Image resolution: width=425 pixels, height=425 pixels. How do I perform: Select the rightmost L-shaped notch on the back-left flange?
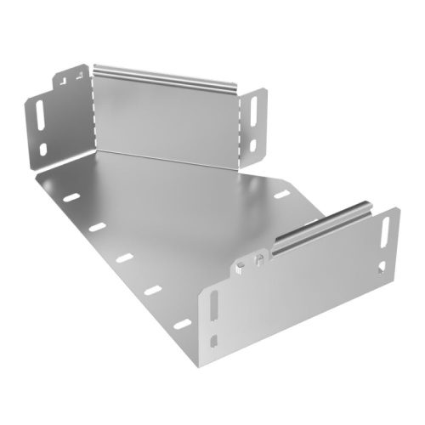79,75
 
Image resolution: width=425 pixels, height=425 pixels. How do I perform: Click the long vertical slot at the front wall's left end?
212,307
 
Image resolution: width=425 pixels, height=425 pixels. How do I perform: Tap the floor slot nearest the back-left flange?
71,198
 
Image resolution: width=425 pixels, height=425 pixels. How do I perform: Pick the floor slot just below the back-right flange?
280,195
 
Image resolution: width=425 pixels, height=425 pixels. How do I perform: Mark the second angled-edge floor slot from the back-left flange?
97,228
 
